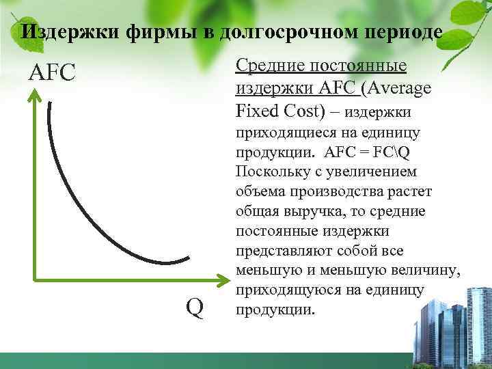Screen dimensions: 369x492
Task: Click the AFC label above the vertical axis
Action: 51,72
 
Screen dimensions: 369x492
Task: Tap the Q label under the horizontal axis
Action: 195,309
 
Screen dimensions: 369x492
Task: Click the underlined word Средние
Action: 269,66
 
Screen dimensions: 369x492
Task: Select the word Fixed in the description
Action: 254,110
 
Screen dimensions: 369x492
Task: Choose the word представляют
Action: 279,251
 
